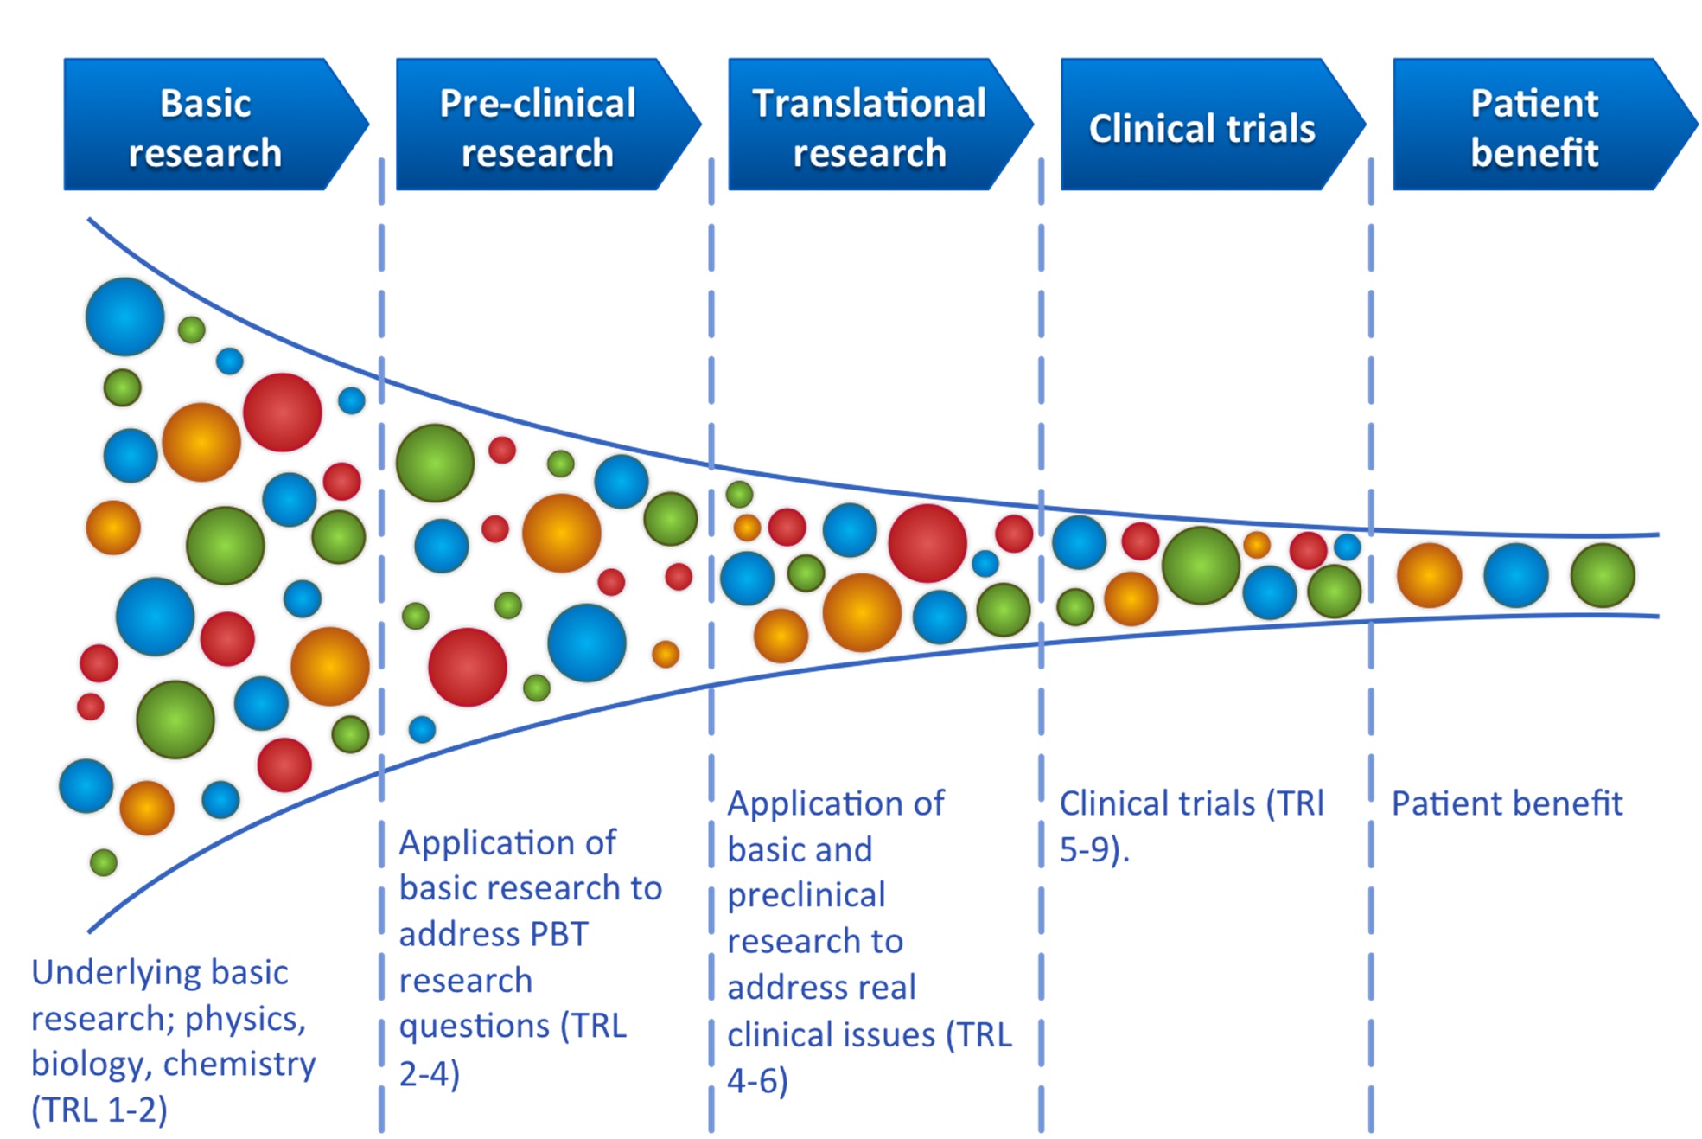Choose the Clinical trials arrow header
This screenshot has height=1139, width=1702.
point(1202,127)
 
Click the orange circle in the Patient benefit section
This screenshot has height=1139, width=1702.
point(1429,575)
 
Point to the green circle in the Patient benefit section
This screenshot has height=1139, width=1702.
point(1603,575)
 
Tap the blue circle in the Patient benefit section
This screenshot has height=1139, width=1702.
point(1515,575)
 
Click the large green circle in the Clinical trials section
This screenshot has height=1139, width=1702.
point(1201,565)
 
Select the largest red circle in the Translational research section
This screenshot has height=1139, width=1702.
point(927,543)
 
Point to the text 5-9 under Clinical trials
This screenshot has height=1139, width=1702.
point(1091,849)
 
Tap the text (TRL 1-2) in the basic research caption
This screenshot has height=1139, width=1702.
point(99,1109)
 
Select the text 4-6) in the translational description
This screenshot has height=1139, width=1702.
point(757,1080)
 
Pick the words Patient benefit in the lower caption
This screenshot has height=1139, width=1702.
point(1507,803)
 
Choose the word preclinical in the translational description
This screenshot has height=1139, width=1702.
point(806,895)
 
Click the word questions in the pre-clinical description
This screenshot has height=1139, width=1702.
point(474,1026)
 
